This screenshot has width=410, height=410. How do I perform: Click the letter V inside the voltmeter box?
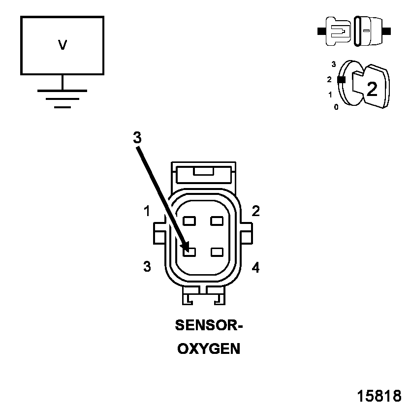pos(63,45)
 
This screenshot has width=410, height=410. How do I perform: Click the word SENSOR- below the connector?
pos(209,325)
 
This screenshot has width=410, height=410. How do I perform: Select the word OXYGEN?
pos(209,349)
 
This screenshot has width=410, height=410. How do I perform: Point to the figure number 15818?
pos(379,396)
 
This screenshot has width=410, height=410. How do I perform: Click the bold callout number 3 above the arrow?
pos(137,138)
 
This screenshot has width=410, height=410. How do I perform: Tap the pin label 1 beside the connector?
pos(147,212)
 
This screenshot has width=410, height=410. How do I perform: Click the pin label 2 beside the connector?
pos(255,211)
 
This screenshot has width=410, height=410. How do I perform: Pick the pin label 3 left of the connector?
pos(147,267)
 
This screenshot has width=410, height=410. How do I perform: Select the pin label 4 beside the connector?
pos(255,268)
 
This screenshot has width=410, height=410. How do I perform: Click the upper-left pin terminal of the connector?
pos(189,221)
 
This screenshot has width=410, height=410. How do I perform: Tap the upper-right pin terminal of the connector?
pos(217,221)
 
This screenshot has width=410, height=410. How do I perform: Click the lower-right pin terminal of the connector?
pos(217,252)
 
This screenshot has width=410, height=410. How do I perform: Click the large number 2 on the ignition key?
pos(372,89)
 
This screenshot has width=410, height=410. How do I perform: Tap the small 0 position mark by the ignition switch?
pos(336,107)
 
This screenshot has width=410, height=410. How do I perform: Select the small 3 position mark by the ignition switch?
pos(334,64)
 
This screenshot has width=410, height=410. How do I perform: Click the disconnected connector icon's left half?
pos(338,31)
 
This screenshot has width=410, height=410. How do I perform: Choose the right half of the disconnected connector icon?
pos(370,31)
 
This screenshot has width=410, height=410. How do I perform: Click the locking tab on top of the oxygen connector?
pos(203,171)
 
